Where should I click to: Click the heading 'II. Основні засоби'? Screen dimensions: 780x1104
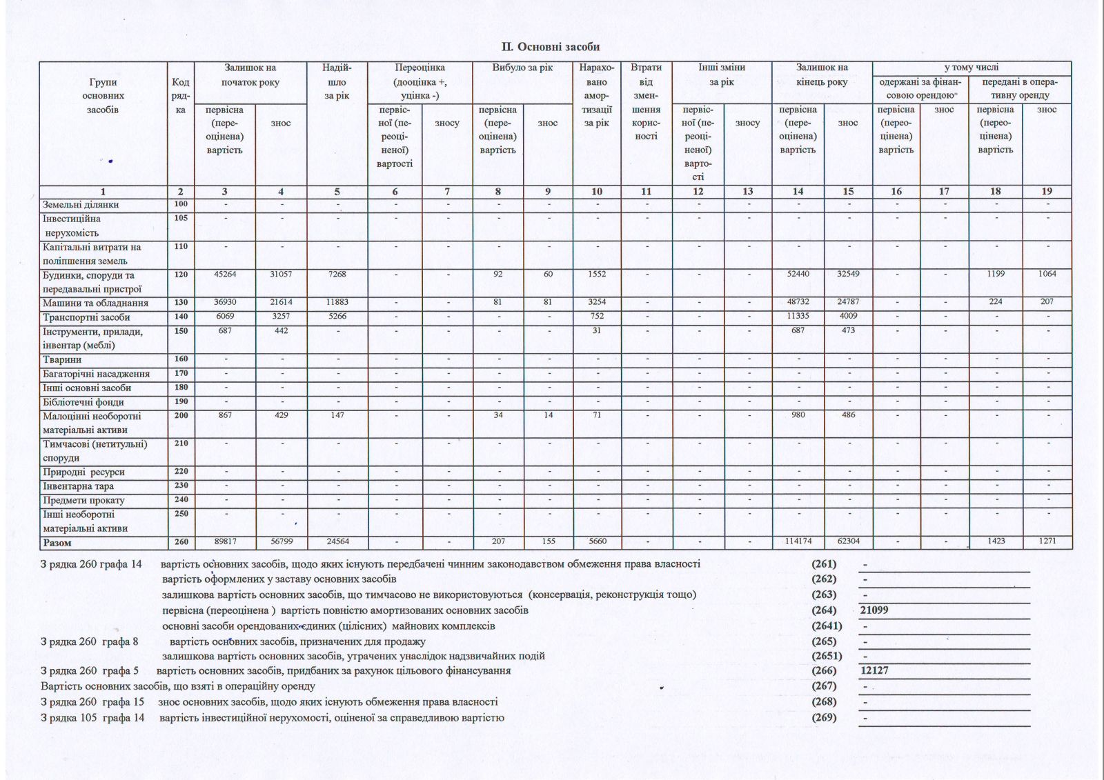coord(550,47)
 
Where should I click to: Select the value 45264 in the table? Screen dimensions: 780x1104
coord(225,274)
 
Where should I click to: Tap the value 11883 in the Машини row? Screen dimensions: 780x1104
coord(337,302)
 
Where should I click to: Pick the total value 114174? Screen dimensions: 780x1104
coord(798,541)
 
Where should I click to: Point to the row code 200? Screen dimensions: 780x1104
coord(181,416)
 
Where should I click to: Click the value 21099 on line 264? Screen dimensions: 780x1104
coord(874,610)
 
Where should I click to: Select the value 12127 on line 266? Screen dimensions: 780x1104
coord(874,670)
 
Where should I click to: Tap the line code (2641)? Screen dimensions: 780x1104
coord(827,626)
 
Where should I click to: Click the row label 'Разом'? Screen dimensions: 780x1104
coord(57,543)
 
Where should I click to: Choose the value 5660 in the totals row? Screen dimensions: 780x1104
coord(597,541)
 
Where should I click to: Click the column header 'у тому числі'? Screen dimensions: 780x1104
coord(972,68)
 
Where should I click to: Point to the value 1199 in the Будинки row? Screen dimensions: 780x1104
coord(996,274)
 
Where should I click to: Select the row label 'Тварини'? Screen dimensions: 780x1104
coord(62,359)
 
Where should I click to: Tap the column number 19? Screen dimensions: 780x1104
coord(1047,192)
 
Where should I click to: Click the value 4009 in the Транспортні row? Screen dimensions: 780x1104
coord(848,317)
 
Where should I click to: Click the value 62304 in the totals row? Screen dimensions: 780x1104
coord(848,541)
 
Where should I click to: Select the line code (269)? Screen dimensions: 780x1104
coord(824,717)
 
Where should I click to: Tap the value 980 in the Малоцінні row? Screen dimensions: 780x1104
coord(798,415)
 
